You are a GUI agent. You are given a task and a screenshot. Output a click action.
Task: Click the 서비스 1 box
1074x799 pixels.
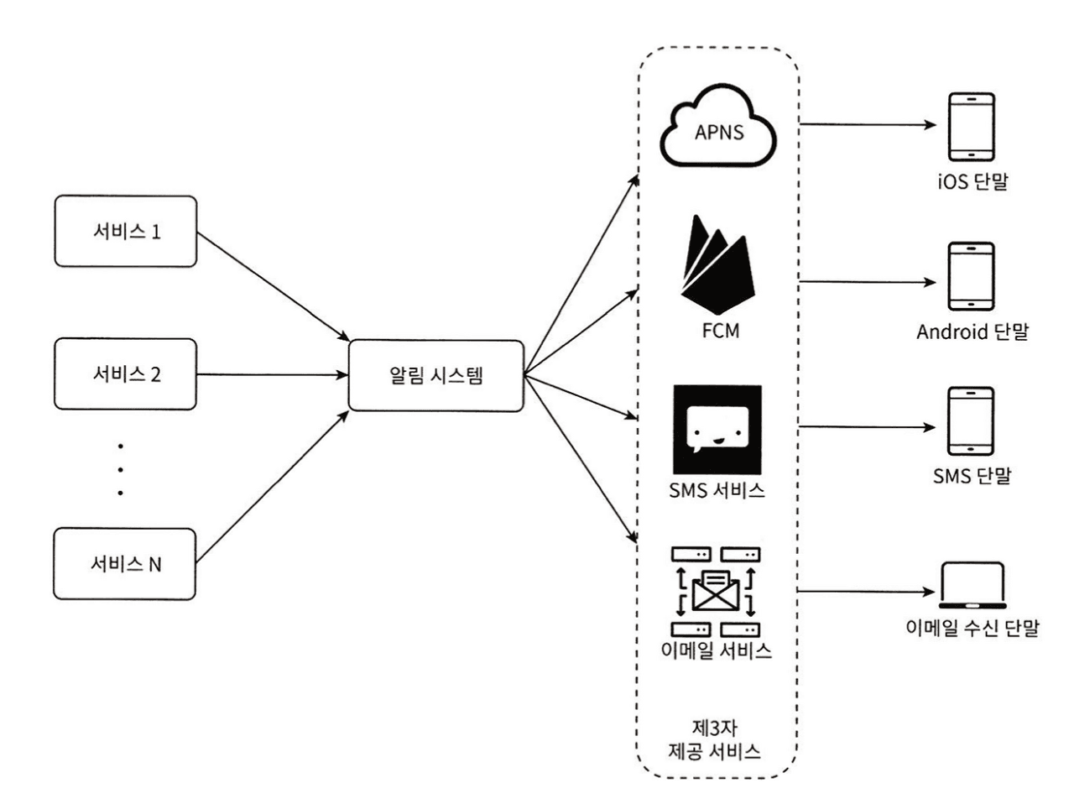[x=125, y=232]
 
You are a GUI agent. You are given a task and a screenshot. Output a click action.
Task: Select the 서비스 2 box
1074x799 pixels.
[x=125, y=374]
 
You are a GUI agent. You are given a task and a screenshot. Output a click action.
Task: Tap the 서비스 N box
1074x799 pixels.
[x=125, y=563]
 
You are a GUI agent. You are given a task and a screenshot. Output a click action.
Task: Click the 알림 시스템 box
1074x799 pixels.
[x=435, y=374]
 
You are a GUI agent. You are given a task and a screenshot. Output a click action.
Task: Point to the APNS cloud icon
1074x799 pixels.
[x=715, y=127]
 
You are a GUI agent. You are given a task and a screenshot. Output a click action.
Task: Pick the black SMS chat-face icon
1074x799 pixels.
[x=717, y=429]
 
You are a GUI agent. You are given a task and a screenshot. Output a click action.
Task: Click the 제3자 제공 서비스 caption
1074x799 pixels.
[x=716, y=739]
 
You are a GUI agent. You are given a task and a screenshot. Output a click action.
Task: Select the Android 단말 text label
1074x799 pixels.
[x=972, y=333]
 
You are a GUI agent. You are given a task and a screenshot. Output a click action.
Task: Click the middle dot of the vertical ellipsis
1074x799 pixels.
[x=121, y=468]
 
